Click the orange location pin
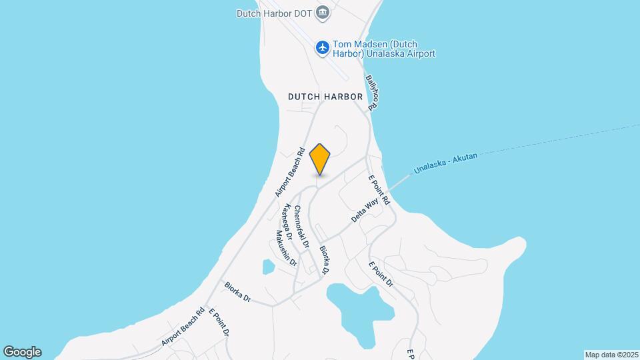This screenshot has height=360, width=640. (320, 158)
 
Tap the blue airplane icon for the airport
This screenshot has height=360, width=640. (323, 47)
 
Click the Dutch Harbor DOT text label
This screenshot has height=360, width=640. (275, 13)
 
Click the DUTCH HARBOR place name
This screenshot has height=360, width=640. (325, 97)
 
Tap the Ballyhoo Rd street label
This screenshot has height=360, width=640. (372, 91)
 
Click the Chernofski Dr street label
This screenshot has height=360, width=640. (301, 227)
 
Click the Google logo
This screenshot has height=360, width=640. (22, 352)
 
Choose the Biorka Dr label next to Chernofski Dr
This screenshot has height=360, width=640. (324, 261)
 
